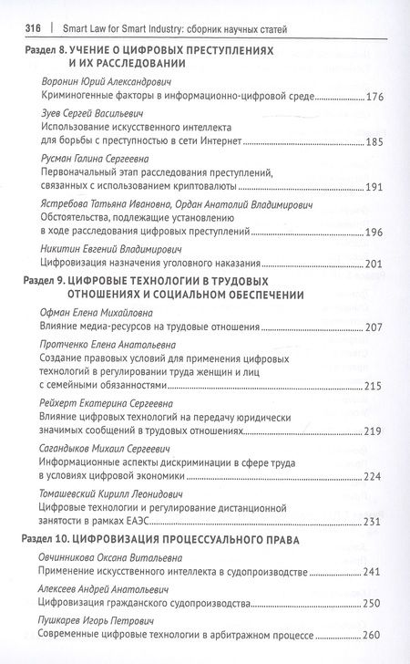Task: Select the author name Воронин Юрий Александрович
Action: tap(106, 79)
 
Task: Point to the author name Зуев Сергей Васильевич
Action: tap(90, 116)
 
